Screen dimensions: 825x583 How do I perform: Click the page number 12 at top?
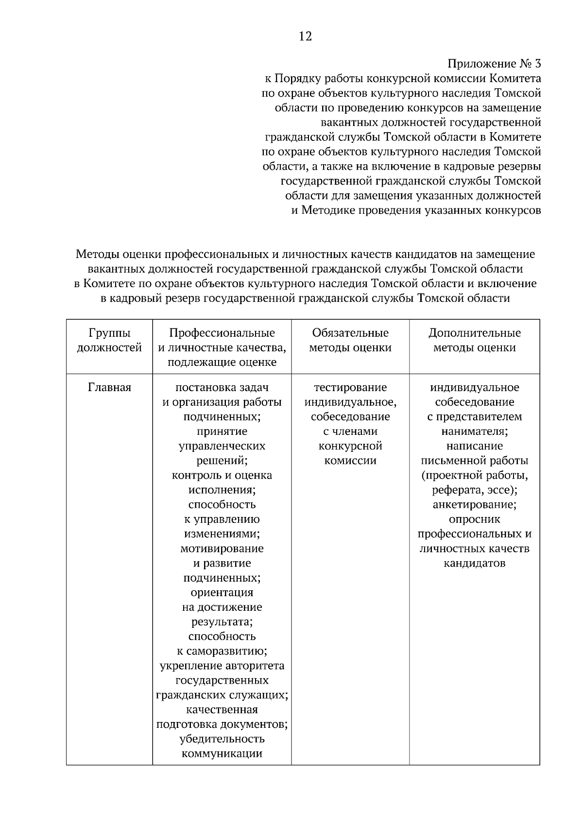tap(305, 36)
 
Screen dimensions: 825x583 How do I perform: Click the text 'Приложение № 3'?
tap(494, 64)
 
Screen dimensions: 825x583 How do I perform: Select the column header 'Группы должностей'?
tap(109, 340)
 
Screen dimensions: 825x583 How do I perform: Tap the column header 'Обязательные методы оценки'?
tap(350, 340)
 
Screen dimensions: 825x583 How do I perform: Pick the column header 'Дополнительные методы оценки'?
tap(474, 340)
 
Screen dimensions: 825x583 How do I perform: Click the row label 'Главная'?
tap(109, 388)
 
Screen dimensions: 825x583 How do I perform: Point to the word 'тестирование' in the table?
tap(350, 388)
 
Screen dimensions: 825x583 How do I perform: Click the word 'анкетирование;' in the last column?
tap(474, 505)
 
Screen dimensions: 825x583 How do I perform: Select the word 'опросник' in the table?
tap(474, 519)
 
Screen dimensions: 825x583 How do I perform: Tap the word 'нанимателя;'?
tap(474, 431)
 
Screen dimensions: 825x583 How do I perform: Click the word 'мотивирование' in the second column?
tap(222, 549)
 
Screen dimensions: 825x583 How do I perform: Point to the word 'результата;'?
tap(222, 622)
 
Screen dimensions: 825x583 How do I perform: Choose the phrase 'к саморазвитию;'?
tap(222, 651)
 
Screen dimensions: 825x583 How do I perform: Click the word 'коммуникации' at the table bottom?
tap(222, 754)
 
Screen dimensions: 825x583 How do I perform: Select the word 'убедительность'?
tap(222, 739)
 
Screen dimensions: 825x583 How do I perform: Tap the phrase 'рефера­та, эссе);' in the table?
tap(474, 490)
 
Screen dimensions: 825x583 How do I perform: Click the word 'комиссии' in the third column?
tap(350, 461)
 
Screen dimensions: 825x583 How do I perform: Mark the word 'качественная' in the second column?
tap(222, 710)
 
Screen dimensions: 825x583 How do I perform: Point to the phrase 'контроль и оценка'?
tap(222, 475)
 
